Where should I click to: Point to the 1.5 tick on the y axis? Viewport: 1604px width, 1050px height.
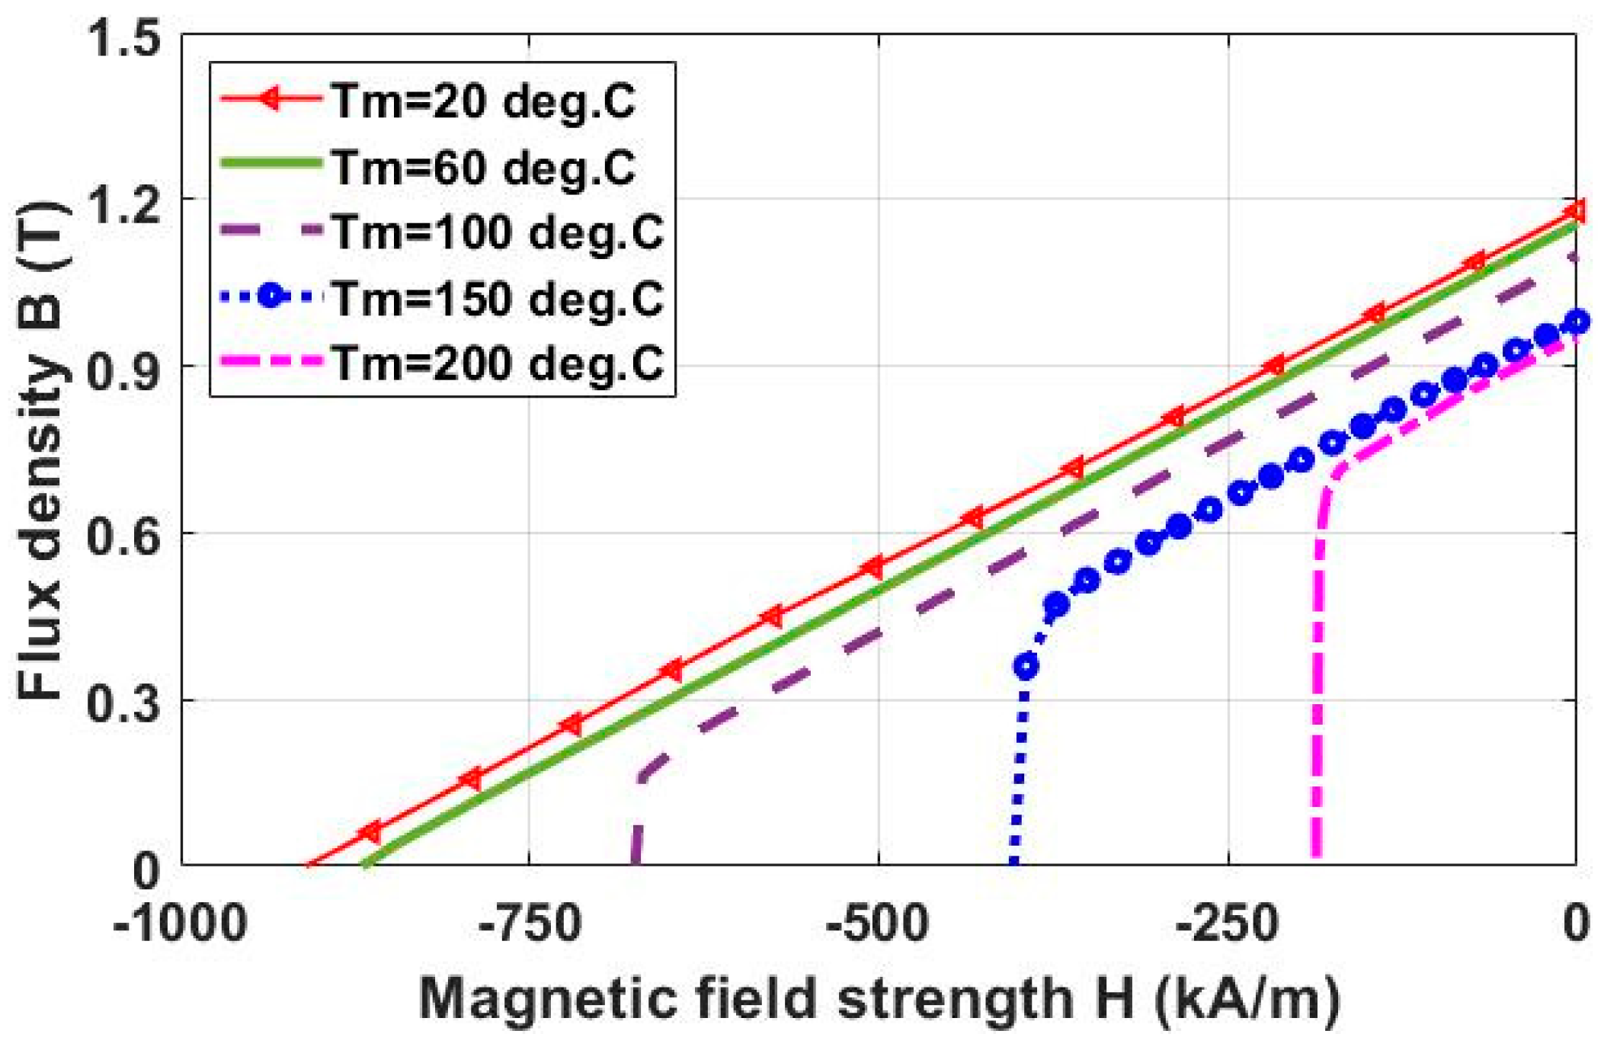pos(126,38)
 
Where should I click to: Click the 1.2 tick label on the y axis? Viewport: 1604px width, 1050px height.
pos(126,204)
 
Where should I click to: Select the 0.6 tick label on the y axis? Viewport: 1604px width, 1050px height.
pos(126,536)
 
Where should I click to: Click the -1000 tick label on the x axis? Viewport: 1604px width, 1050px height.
pos(180,924)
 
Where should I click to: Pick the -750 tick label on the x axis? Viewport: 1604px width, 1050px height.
pos(530,924)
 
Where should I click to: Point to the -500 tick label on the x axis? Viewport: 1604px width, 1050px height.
pos(878,924)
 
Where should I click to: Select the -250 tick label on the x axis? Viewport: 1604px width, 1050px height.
pos(1227,924)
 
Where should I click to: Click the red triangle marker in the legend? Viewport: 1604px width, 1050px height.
pos(270,98)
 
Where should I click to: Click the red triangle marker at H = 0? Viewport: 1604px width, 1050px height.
pos(1574,211)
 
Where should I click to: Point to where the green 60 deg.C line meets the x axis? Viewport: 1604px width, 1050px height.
pos(365,865)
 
